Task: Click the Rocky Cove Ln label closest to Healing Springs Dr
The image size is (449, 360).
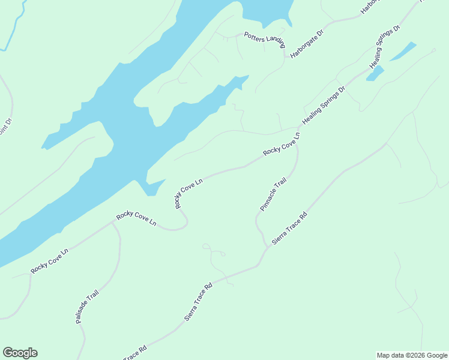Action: point(282,143)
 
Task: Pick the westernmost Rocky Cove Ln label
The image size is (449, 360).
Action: point(50,260)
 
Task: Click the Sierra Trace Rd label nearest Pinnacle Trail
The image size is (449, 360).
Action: point(289,228)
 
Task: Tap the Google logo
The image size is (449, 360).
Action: point(20,353)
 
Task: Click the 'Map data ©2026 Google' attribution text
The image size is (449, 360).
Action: point(412,355)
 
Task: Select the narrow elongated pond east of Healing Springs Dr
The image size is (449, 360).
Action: point(403,52)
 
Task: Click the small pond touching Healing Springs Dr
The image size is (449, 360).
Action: point(375,74)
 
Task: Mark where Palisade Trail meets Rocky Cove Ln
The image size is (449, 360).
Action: point(112,221)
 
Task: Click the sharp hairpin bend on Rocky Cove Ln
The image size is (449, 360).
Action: point(185,224)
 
